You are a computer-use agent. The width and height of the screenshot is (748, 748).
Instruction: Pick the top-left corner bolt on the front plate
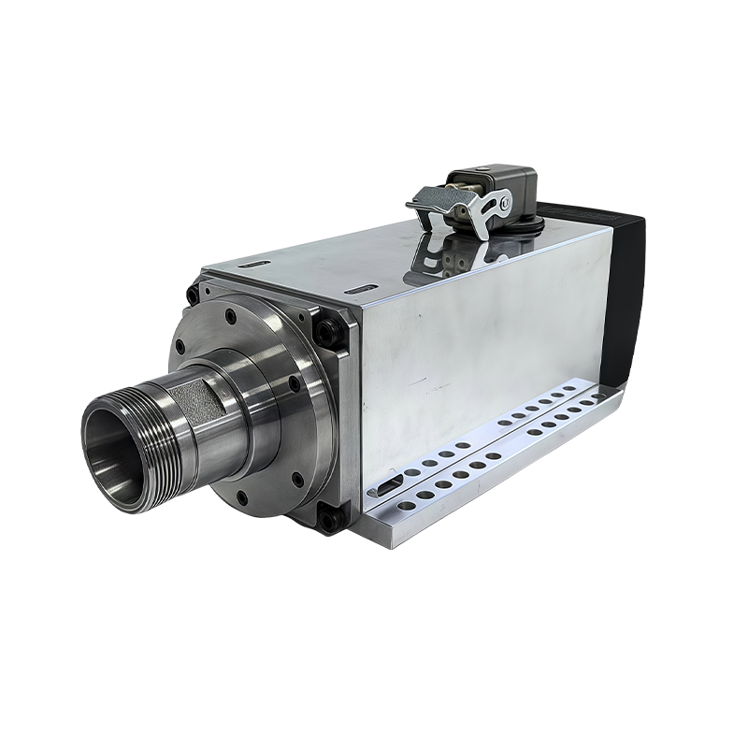(194, 294)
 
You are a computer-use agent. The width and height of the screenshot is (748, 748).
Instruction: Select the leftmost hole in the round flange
(180, 347)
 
